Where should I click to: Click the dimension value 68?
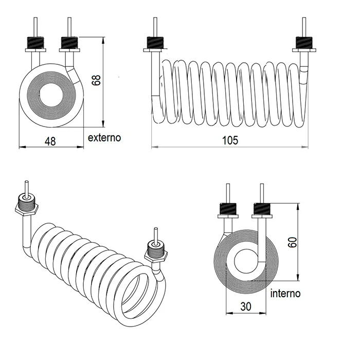pyautogui.click(x=96, y=79)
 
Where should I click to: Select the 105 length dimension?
pyautogui.click(x=231, y=140)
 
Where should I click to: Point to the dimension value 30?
pyautogui.click(x=246, y=306)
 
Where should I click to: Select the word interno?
pyautogui.click(x=285, y=294)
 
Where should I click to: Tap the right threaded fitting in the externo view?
pyautogui.click(x=69, y=42)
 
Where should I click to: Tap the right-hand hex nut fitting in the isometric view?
pyautogui.click(x=155, y=253)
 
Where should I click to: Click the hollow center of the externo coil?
pyautogui.click(x=50, y=96)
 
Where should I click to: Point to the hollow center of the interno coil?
pyautogui.click(x=246, y=262)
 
